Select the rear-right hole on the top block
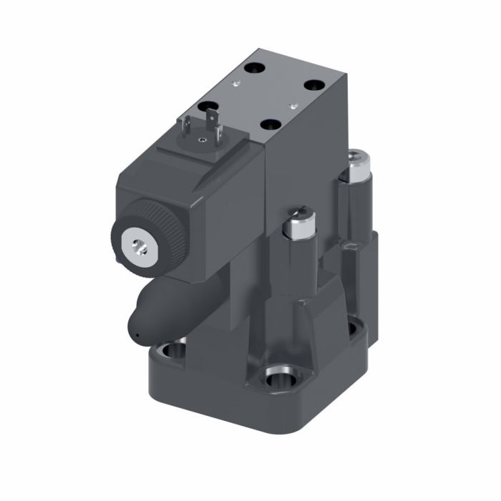pyautogui.click(x=314, y=84)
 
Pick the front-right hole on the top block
pyautogui.click(x=271, y=124)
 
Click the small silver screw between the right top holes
pyautogui.click(x=293, y=104)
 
